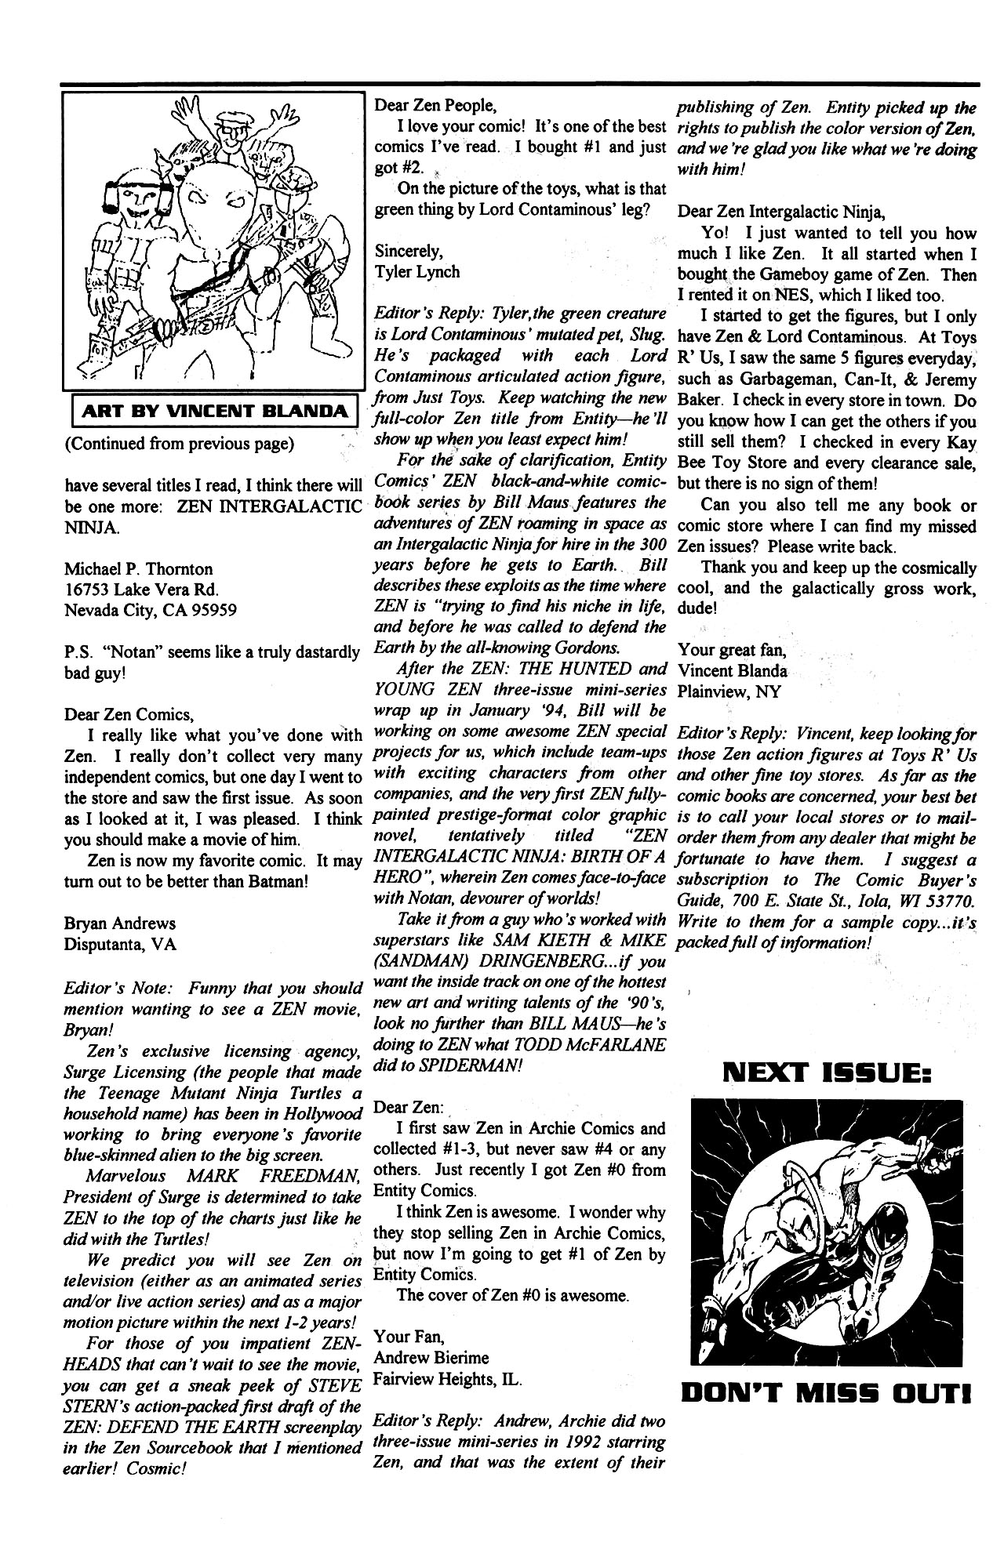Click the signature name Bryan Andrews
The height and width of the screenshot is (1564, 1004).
point(119,924)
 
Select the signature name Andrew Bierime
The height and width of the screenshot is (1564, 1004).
point(431,1357)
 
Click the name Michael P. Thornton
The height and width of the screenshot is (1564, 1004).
point(138,568)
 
